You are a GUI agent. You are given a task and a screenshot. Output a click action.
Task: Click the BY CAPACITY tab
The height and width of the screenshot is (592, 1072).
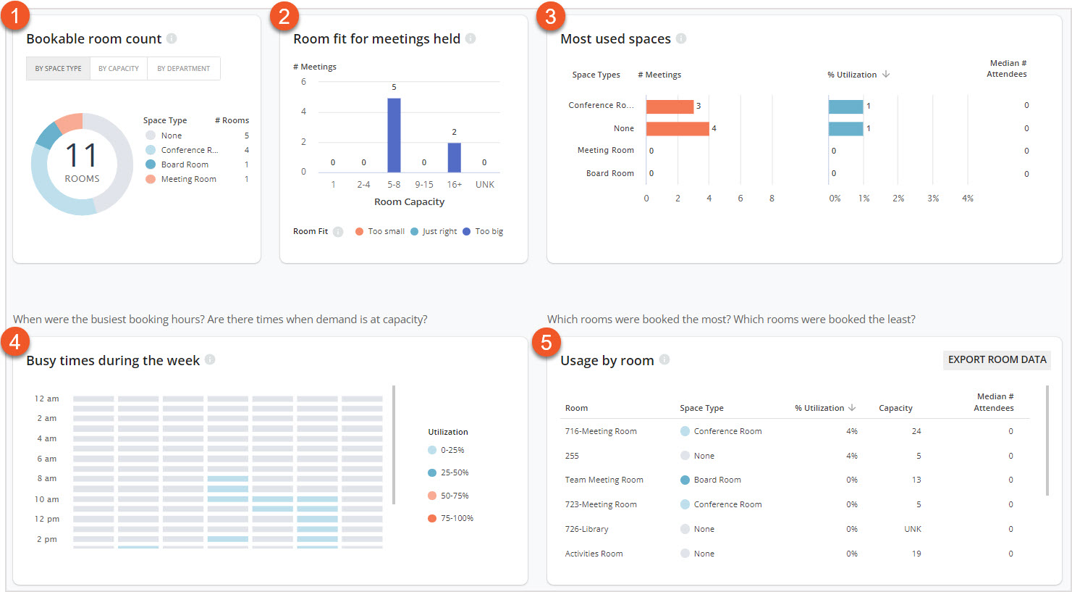tap(119, 69)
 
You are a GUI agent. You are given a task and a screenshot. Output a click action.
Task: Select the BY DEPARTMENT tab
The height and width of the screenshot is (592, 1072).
tap(183, 69)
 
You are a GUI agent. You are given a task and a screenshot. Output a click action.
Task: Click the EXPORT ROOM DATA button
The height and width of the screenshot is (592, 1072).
tap(997, 360)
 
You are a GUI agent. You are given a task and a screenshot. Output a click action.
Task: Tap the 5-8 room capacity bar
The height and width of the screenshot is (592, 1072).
tap(394, 136)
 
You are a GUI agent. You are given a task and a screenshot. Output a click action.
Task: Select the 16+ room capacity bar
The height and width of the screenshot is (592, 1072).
tap(454, 157)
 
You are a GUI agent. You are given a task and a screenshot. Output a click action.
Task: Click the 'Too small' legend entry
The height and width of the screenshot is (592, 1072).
tap(380, 232)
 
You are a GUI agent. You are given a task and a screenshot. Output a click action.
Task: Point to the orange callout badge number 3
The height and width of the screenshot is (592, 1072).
tap(550, 15)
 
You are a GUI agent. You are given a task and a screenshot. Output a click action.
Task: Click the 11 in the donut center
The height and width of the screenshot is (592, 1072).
tap(82, 156)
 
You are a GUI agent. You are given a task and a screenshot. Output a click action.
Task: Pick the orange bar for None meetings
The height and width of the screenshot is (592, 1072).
tap(678, 129)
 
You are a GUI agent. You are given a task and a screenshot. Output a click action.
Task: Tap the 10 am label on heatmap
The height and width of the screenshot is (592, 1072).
tap(47, 499)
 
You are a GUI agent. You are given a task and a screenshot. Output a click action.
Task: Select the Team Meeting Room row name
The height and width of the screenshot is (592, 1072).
tap(604, 480)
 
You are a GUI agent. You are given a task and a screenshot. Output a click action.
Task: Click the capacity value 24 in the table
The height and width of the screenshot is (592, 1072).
tap(916, 431)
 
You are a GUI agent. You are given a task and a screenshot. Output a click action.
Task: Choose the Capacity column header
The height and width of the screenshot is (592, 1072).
tap(895, 409)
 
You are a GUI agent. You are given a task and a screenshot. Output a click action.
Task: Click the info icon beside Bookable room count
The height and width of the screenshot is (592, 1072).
tap(172, 39)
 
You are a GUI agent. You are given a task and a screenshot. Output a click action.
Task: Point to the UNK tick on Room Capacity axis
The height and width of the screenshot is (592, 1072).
tap(484, 185)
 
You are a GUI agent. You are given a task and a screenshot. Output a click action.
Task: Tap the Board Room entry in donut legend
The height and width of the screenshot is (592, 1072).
tap(185, 165)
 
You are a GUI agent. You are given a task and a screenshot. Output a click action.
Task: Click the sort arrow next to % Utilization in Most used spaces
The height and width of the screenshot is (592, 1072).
tap(886, 75)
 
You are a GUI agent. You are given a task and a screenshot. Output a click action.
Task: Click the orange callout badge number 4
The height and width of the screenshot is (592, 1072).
tap(15, 341)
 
